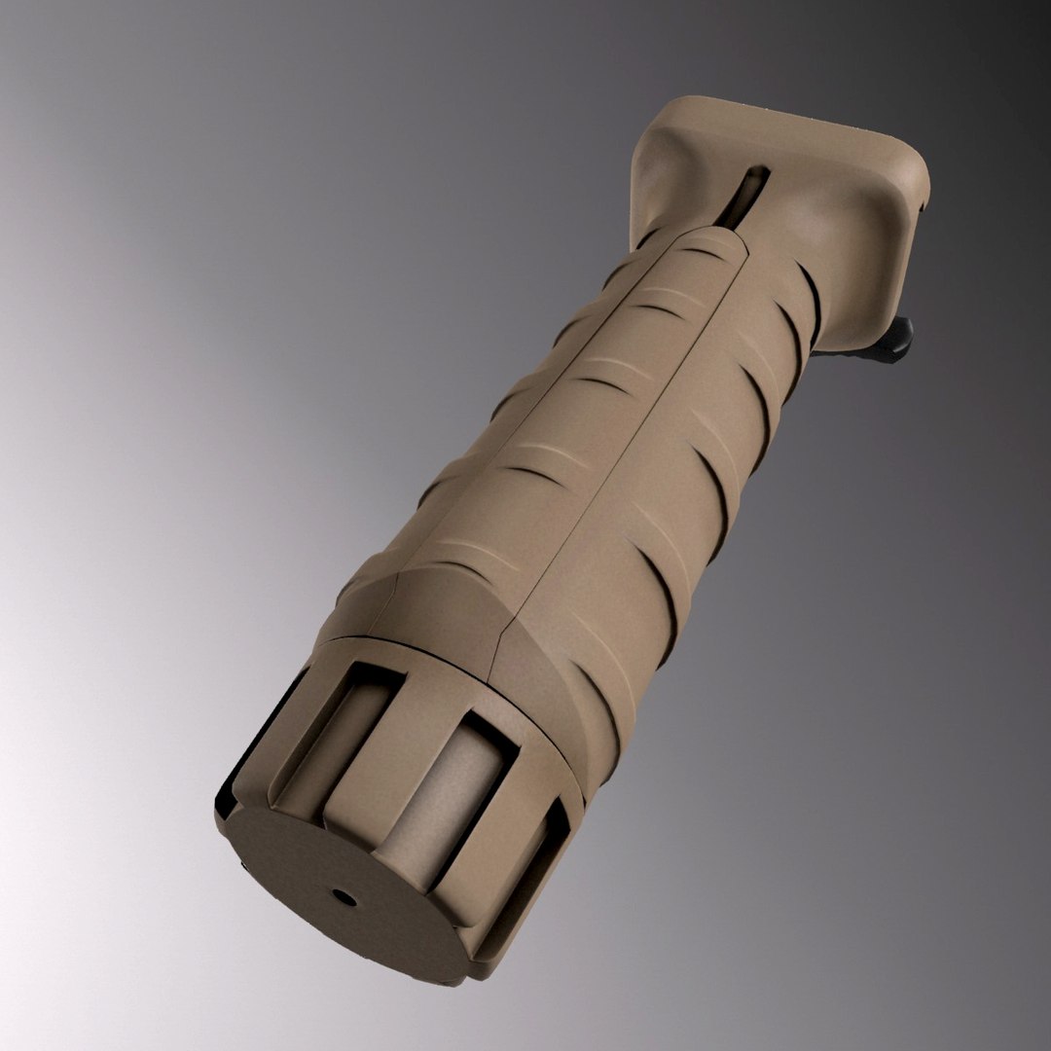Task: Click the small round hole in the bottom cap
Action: (x=343, y=895)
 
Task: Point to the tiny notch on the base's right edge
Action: (x=920, y=206)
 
